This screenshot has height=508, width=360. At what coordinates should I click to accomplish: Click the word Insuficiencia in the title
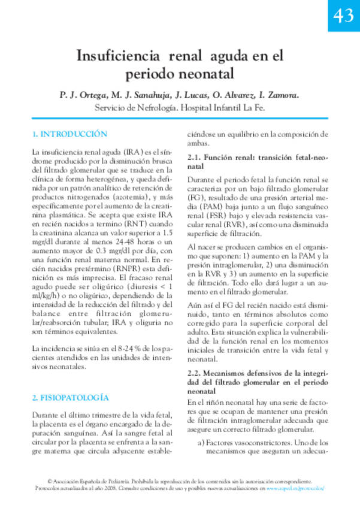117,58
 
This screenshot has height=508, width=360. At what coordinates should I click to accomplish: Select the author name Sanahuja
146,95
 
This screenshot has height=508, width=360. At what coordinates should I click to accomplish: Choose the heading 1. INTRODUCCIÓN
69,134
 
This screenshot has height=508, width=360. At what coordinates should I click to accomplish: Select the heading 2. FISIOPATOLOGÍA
71,397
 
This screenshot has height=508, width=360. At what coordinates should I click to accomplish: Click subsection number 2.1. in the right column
195,157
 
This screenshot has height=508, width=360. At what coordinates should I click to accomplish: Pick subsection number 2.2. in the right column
195,373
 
